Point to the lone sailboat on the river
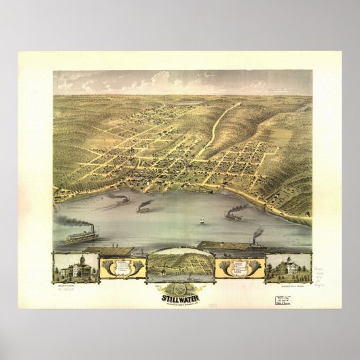click(x=201, y=219)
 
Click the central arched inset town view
click(x=180, y=266)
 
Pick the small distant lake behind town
click(x=192, y=103)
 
